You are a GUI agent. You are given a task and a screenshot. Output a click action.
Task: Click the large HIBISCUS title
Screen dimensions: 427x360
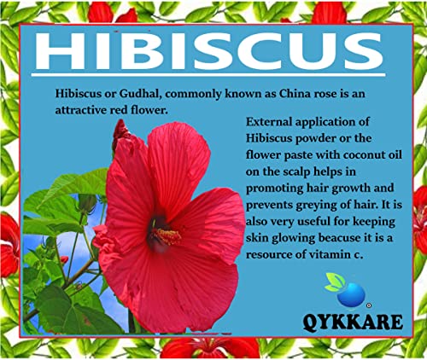pos(209,50)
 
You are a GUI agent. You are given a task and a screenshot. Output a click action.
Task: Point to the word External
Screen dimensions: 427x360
pos(269,122)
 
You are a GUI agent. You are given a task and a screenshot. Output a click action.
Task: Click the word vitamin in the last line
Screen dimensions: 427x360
pos(330,254)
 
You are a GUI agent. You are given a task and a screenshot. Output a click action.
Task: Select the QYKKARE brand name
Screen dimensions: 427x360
pos(353,322)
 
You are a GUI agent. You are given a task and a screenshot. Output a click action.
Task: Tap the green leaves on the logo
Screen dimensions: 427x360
pos(335,281)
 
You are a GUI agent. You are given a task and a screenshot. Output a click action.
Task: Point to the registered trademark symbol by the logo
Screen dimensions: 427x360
pos(369,305)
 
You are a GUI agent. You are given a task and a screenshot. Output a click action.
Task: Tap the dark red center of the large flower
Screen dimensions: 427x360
pos(158,232)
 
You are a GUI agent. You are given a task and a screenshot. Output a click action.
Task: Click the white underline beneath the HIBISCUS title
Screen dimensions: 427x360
pos(208,75)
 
